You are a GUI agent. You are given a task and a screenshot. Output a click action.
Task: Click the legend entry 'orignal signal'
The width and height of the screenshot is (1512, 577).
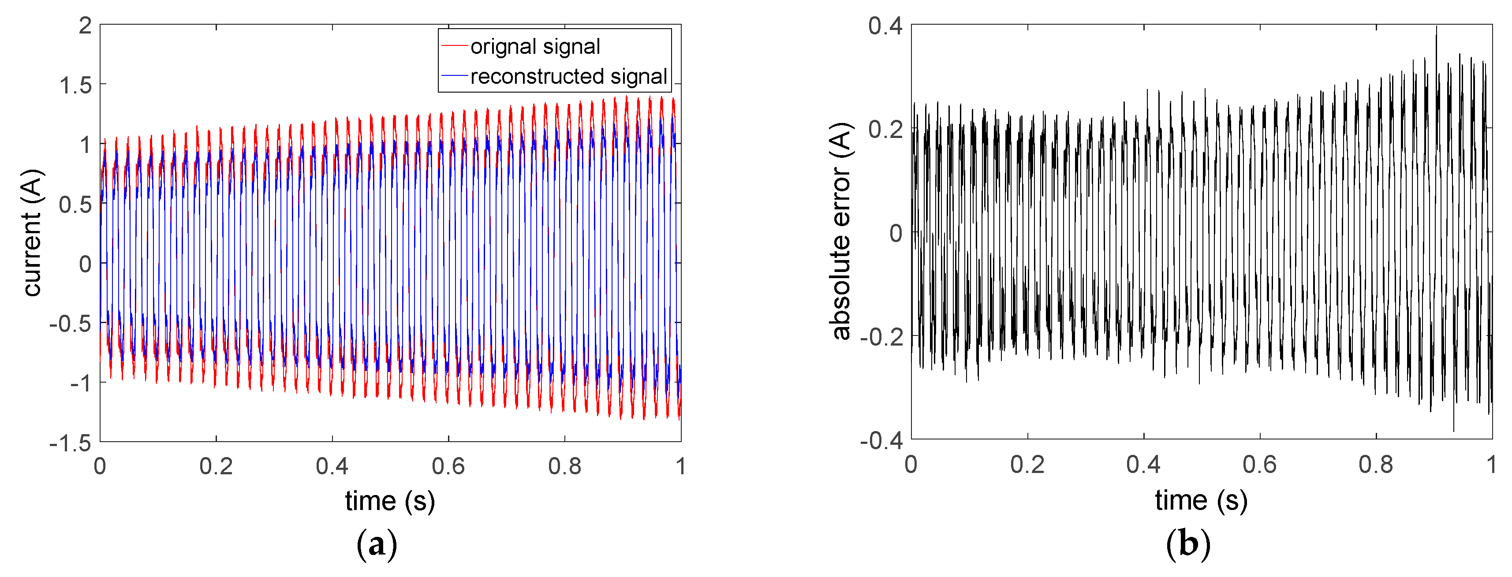tap(535, 46)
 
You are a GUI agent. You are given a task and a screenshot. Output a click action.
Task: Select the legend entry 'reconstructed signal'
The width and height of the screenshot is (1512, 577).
tap(568, 76)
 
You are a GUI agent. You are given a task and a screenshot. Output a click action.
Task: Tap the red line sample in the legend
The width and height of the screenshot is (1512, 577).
tap(454, 46)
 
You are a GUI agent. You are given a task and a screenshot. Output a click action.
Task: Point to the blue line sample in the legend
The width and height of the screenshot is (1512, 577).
tap(454, 76)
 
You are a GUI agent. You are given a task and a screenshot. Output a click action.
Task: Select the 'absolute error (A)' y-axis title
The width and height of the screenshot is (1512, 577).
tap(841, 231)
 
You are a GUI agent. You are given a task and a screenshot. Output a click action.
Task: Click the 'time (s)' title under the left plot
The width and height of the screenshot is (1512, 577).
tap(390, 501)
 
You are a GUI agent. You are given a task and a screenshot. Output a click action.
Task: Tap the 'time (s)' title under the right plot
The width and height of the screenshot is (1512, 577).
tap(1201, 500)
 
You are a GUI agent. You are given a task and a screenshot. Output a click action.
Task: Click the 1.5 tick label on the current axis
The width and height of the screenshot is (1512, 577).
tap(76, 86)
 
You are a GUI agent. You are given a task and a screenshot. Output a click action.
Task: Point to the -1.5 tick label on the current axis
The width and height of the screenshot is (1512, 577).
tap(71, 443)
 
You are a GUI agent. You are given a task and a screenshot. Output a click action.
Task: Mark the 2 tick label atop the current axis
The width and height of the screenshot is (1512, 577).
tap(86, 26)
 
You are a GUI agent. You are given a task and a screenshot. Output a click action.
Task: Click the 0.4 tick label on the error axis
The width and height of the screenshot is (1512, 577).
tap(885, 26)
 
